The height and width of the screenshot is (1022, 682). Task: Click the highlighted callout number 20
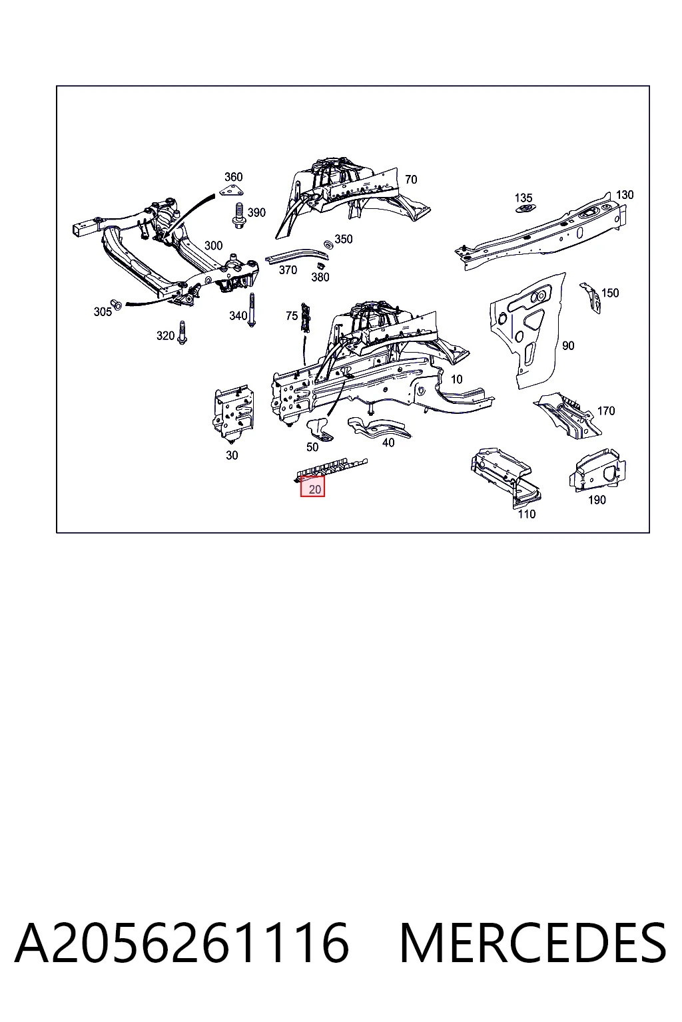[315, 490]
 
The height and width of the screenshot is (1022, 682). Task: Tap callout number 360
[233, 177]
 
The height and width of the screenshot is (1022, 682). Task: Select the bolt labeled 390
[238, 216]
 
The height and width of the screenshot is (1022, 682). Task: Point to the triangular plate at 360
[232, 191]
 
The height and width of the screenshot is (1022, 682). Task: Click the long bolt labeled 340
[251, 310]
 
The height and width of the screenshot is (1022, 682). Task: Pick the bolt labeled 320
[182, 333]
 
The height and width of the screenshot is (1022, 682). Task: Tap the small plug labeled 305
[116, 304]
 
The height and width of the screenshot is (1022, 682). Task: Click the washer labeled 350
[328, 244]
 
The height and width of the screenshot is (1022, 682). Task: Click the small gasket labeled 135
[525, 208]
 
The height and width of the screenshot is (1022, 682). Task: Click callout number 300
[213, 246]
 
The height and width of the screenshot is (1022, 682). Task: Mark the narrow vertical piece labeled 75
[304, 317]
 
